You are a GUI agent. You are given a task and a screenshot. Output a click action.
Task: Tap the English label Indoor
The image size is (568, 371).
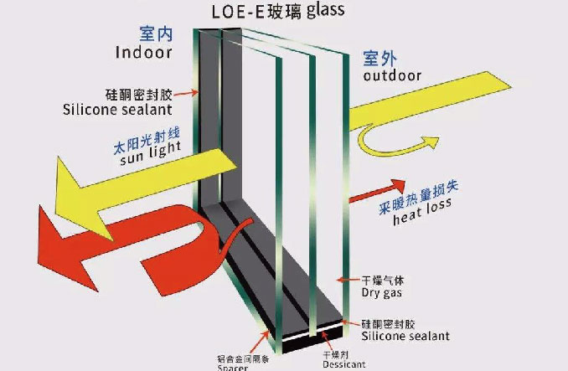(x=143, y=53)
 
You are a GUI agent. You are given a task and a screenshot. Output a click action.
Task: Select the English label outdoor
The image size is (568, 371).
(x=392, y=76)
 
